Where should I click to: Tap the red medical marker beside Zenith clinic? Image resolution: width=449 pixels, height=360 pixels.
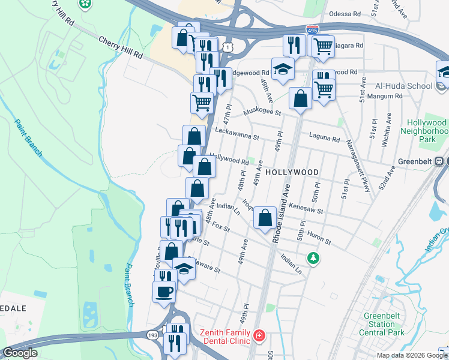click(259, 335)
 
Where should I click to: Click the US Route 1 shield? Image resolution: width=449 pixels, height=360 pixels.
click(227, 46)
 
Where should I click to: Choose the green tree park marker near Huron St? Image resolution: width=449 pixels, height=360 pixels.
click(313, 258)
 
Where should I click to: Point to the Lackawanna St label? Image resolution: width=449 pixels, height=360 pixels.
click(237, 132)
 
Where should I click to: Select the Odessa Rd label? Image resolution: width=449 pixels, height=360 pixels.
click(345, 14)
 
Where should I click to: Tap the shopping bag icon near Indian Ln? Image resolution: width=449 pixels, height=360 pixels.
click(264, 218)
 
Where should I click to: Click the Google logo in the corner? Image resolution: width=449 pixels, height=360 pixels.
click(20, 353)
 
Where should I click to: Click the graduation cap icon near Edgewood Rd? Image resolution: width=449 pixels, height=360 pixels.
click(282, 69)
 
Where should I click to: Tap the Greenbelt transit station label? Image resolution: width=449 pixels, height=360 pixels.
click(417, 161)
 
